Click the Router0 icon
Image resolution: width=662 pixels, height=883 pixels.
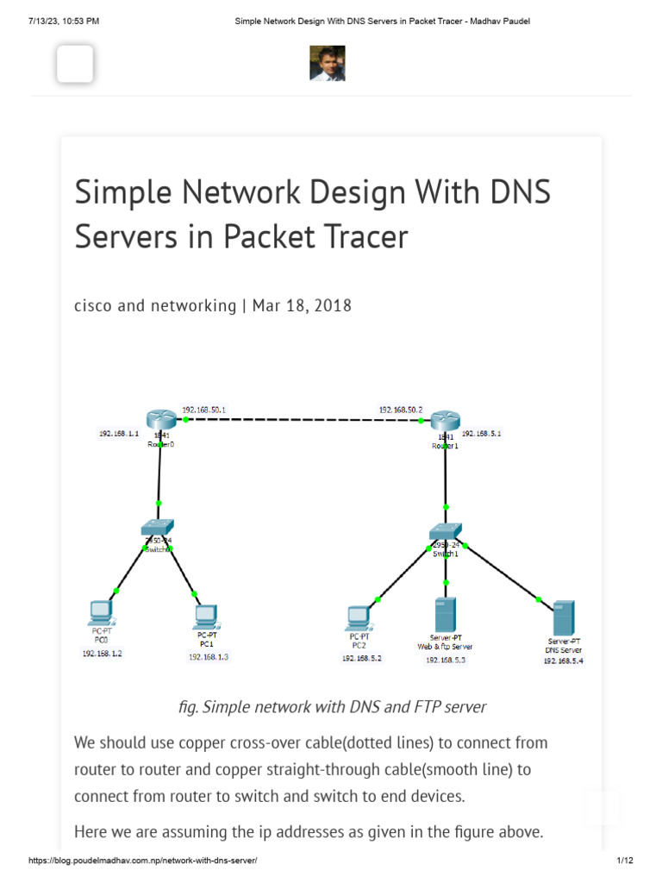coord(160,419)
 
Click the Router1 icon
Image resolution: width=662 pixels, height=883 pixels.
coord(446,420)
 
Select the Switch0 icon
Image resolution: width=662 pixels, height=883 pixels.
coord(159,528)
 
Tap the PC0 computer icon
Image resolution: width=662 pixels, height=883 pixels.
coord(100,613)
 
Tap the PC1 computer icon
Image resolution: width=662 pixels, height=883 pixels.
coord(205,616)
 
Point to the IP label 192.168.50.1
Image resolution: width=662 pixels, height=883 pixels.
coord(203,410)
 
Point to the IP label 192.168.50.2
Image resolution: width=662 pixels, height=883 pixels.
coord(401,410)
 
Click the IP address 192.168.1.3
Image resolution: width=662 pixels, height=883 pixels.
coord(209,657)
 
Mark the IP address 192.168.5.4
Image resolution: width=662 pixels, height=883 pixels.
coord(563,661)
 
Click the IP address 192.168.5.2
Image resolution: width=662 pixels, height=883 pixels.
coord(361,659)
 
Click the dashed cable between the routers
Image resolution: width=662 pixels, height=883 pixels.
coord(302,420)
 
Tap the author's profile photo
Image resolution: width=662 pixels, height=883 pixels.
coord(328,64)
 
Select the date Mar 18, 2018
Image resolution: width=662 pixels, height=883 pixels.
coord(302,305)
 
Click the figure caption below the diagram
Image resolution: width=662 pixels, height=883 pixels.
coord(331,707)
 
